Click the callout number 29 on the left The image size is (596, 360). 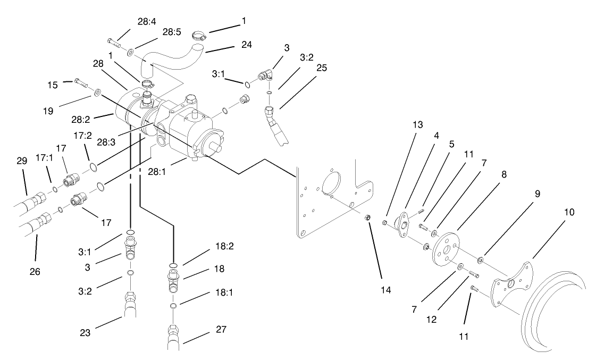(22, 160)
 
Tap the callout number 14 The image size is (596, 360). (385, 290)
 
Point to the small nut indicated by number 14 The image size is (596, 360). (367, 217)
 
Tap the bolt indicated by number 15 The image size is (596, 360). (81, 83)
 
